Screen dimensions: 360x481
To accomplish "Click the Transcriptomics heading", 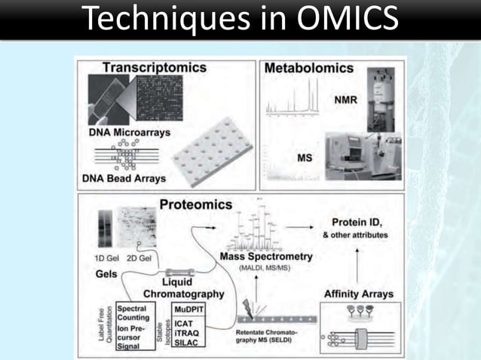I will point(154,67).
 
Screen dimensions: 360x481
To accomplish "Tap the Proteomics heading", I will point(195,205).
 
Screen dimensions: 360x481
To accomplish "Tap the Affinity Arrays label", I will point(359,294).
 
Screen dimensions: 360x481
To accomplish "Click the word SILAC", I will point(188,343).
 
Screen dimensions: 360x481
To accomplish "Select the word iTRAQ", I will point(188,333).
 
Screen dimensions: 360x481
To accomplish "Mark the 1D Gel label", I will point(108,259).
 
